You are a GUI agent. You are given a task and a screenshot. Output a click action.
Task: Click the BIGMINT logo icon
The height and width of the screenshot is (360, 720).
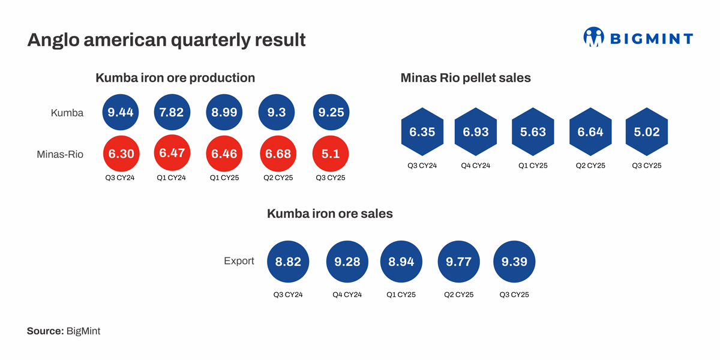[593, 37]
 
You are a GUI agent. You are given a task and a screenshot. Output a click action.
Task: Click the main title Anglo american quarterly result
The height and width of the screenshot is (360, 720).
[166, 40]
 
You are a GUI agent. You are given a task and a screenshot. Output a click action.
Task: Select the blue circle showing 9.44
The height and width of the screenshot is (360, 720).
[120, 112]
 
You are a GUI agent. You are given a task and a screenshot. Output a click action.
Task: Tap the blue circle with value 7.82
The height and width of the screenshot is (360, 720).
[172, 112]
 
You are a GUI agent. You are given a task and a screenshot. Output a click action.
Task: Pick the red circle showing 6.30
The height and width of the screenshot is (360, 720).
[120, 154]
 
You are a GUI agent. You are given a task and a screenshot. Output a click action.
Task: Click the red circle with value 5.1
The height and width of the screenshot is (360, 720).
[331, 154]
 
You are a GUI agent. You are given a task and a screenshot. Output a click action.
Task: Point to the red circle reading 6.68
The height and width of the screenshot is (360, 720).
[278, 154]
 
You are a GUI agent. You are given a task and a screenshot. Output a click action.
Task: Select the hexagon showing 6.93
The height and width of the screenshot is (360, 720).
[476, 132]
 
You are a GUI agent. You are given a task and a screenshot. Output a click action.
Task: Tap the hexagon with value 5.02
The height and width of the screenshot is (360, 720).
[646, 132]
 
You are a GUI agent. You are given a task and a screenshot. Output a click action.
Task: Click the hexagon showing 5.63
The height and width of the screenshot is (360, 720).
[533, 132]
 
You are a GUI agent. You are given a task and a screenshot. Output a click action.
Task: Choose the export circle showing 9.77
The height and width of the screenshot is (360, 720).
[459, 262]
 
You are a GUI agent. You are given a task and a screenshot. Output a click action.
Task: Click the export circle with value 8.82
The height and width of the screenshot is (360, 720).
[288, 262]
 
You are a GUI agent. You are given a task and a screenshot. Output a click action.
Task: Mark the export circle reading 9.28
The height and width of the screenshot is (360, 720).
[347, 262]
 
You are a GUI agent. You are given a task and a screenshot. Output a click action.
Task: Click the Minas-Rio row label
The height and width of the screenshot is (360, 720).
[60, 154]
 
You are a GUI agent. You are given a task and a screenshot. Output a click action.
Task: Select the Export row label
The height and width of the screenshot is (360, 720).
[239, 261]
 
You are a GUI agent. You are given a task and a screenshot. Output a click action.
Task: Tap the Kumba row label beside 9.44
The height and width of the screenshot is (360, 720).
[67, 112]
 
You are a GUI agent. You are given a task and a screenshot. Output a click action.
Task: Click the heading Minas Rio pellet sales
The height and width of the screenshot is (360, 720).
[465, 78]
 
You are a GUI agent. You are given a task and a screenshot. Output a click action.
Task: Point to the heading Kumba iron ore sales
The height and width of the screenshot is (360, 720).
[329, 214]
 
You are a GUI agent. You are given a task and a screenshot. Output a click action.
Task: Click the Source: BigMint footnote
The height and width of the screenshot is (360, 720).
[64, 331]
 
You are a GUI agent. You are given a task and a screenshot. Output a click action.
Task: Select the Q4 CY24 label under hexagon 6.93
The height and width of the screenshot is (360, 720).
[476, 166]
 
